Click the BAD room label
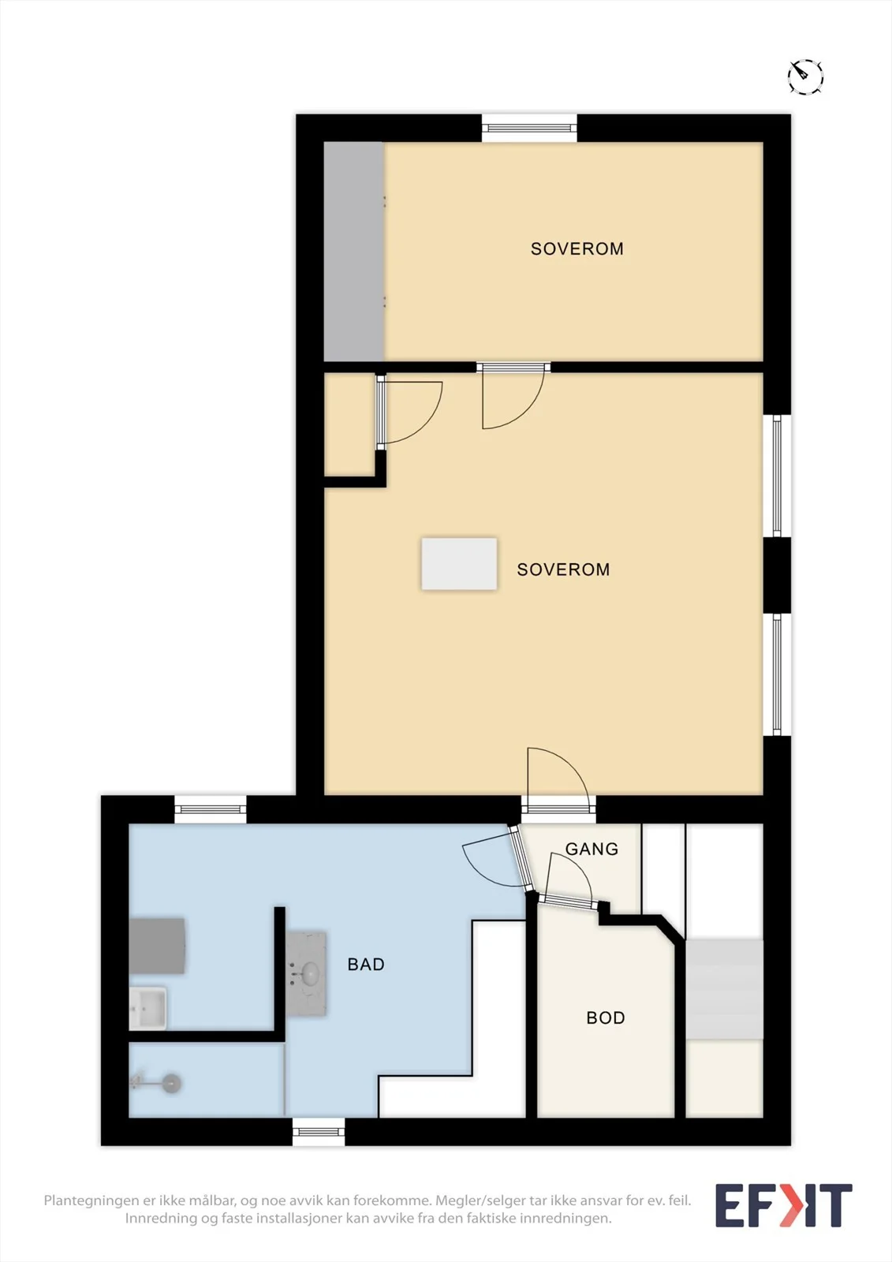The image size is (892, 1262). coord(366,964)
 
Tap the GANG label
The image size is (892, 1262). coord(592,849)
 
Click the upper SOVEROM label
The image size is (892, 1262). coord(577,248)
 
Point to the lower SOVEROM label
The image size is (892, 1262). coord(563,569)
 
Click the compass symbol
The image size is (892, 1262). coord(805,76)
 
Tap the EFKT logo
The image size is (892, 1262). coord(784,1204)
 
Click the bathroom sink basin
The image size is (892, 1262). coord(310,972)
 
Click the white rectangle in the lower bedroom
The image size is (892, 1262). coord(459,564)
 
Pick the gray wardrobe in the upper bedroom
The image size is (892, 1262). coord(354,252)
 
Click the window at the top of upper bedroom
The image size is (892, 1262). coord(530,129)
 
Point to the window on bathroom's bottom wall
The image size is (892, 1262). coord(319,1132)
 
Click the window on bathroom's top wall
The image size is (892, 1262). coord(210,809)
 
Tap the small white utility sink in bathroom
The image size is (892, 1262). coord(147,1008)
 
